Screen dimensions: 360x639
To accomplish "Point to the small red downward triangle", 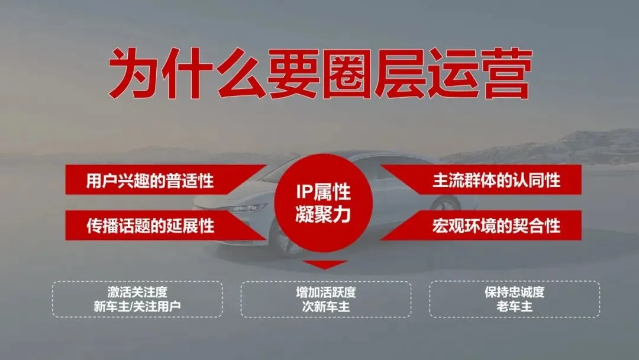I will (x=323, y=265).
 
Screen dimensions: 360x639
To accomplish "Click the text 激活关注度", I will (x=138, y=292).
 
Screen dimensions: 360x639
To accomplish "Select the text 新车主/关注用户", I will (x=138, y=307).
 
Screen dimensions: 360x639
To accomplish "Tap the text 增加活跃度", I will (x=326, y=292).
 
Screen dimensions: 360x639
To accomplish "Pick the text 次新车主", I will (x=326, y=307).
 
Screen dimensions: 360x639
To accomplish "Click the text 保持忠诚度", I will (x=514, y=292).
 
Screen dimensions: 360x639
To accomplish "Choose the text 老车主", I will (x=514, y=307).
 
